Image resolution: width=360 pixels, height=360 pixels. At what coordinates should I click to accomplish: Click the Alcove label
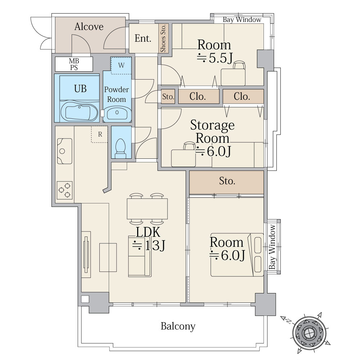(x=89, y=27)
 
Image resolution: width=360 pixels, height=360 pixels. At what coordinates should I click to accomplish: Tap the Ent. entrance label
(x=143, y=39)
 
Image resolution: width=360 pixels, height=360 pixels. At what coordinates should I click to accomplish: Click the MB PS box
(x=74, y=64)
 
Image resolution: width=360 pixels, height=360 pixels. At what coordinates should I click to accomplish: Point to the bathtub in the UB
(x=80, y=112)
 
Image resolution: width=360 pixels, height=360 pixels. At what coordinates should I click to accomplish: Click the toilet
(x=121, y=148)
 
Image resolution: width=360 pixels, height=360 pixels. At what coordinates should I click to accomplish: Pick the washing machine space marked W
(x=121, y=66)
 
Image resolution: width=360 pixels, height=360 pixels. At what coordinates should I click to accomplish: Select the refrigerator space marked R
(x=100, y=134)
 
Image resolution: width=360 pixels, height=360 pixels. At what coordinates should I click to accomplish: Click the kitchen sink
(x=64, y=151)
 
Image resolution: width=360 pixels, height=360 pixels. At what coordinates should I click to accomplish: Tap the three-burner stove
(x=64, y=190)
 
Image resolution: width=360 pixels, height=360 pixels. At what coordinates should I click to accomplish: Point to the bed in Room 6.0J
(x=237, y=255)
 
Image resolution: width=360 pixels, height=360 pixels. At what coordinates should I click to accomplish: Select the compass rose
(x=308, y=333)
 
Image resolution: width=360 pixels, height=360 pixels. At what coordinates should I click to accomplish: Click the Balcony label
(x=178, y=326)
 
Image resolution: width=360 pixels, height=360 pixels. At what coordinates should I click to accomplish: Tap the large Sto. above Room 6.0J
(x=226, y=182)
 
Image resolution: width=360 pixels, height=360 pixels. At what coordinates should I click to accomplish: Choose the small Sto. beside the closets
(x=168, y=96)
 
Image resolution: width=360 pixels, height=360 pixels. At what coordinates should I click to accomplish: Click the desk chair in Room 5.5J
(x=239, y=65)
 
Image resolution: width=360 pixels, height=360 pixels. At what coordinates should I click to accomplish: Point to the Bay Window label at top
(x=242, y=20)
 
